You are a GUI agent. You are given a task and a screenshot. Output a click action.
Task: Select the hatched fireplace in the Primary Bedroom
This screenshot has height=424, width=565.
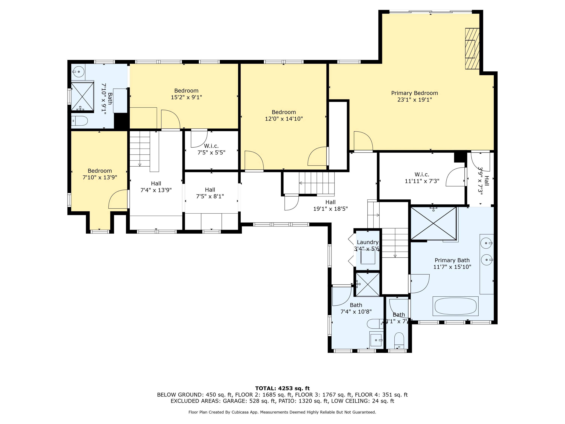(x=472, y=49)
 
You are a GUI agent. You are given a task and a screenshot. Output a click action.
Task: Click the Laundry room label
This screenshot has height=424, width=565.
(x=368, y=242)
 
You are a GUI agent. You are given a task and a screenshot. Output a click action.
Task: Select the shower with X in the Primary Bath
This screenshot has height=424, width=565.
(x=434, y=223)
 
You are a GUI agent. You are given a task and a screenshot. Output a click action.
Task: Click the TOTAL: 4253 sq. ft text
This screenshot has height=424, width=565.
(x=282, y=388)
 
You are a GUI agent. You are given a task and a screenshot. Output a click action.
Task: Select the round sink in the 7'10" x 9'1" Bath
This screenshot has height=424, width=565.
(x=79, y=72)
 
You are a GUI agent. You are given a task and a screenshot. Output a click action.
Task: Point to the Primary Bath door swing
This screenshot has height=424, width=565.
(x=419, y=284)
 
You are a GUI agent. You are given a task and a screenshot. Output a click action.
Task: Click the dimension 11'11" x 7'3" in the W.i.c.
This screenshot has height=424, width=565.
(x=422, y=181)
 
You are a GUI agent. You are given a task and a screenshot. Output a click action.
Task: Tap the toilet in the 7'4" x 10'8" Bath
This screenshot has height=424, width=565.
(x=375, y=324)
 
